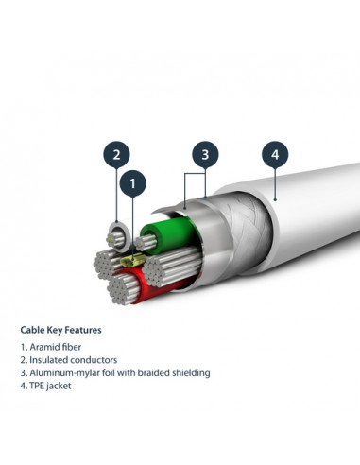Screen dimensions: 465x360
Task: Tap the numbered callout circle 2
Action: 116,154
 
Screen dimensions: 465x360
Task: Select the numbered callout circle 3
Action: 206,154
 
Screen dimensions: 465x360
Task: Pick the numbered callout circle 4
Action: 275,154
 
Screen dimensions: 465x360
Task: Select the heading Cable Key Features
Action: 61,331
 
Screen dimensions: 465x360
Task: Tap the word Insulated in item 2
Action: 46,360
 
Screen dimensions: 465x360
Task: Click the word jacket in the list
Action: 60,386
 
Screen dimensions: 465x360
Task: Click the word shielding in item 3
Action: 188,373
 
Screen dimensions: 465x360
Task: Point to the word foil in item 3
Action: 105,373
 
